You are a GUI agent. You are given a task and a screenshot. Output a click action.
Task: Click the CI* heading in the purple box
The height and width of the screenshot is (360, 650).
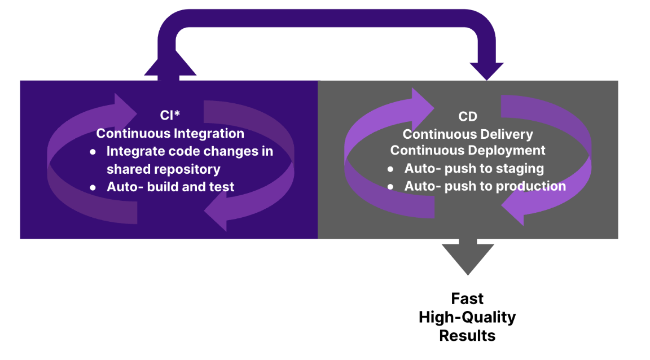[170, 116]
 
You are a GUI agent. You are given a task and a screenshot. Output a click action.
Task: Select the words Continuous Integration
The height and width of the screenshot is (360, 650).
[170, 134]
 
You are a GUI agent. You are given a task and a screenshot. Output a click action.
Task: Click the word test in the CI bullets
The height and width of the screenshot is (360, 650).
[222, 187]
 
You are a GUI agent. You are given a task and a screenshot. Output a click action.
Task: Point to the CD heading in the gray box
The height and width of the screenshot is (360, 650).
[468, 116]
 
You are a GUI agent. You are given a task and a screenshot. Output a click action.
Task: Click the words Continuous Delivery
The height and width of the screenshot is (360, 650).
[468, 134]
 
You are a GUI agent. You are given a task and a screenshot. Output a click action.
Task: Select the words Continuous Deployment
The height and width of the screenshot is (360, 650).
[468, 151]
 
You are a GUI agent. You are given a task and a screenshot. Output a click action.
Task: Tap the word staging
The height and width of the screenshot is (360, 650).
[520, 168]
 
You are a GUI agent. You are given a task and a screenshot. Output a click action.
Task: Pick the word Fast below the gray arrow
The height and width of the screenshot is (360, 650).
[467, 298]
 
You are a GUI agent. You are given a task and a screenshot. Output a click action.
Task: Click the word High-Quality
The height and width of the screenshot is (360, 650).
[467, 317]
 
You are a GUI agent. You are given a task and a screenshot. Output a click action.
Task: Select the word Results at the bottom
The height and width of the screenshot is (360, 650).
[467, 335]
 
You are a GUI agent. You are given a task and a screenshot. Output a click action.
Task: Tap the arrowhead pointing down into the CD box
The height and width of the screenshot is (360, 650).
[486, 71]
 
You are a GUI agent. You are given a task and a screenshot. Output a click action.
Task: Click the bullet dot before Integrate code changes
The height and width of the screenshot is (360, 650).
[93, 152]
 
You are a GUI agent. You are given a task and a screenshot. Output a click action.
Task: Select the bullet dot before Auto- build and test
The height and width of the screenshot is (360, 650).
[93, 187]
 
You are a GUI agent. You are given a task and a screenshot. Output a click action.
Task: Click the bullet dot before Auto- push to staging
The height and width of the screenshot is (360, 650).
[390, 169]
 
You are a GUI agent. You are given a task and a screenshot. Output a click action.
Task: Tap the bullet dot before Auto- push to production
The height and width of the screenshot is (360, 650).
[390, 186]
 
